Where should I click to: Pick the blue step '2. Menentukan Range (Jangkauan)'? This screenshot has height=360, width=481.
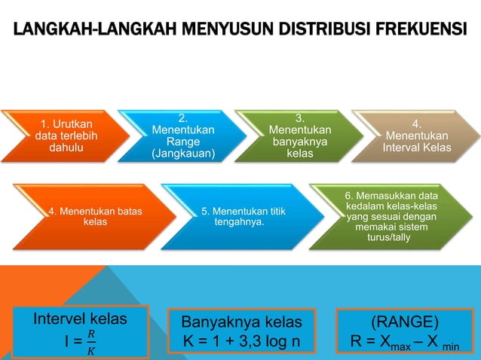(183, 136)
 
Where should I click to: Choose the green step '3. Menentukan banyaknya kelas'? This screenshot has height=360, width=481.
(299, 136)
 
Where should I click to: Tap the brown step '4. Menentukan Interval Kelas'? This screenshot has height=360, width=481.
(418, 136)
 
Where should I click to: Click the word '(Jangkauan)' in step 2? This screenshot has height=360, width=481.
(183, 154)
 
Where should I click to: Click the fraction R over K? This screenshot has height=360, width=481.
(91, 341)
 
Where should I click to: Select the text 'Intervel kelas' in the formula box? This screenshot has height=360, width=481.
(80, 319)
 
